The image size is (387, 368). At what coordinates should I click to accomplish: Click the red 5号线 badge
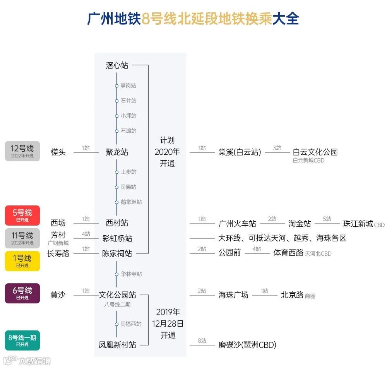point(22,215)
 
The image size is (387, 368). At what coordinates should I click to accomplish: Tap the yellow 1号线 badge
point(22,261)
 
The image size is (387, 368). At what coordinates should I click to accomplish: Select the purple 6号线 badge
point(22,293)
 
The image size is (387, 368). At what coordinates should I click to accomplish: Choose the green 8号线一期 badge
point(22,340)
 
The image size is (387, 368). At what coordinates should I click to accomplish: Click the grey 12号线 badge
point(22,151)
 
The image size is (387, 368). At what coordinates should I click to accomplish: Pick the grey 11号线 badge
point(22,238)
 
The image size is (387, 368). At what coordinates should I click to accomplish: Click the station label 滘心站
point(117,65)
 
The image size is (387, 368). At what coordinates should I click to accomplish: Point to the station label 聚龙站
point(117,152)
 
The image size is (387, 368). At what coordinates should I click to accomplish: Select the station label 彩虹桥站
point(117,238)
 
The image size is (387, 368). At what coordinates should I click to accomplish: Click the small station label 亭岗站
point(128,86)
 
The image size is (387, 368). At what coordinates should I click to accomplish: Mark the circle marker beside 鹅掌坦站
point(116,202)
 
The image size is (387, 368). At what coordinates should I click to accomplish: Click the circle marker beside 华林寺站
point(116,274)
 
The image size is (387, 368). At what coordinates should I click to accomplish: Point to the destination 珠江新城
point(358,224)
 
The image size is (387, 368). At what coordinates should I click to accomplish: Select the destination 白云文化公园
point(315,152)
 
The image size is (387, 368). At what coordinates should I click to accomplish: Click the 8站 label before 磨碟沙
point(202,341)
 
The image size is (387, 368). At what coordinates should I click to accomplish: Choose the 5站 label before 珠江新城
point(327,219)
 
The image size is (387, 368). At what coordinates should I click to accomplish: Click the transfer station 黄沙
point(58,295)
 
